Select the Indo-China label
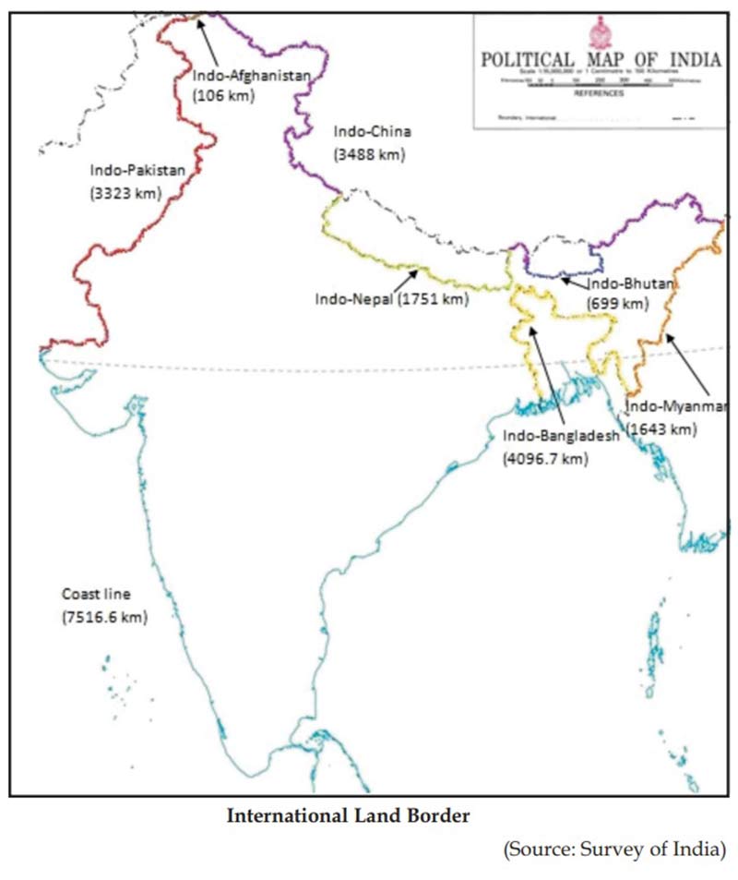coord(372,132)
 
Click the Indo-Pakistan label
coord(137,170)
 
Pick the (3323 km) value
coord(125,193)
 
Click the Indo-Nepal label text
coord(354,299)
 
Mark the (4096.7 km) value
coord(545,458)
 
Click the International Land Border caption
coord(349,816)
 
